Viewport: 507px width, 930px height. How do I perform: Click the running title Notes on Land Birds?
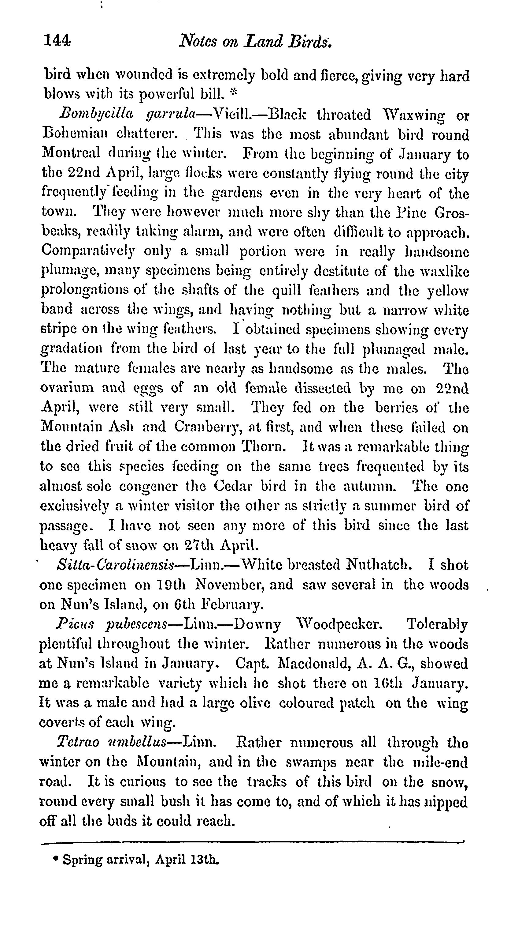tap(255, 41)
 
